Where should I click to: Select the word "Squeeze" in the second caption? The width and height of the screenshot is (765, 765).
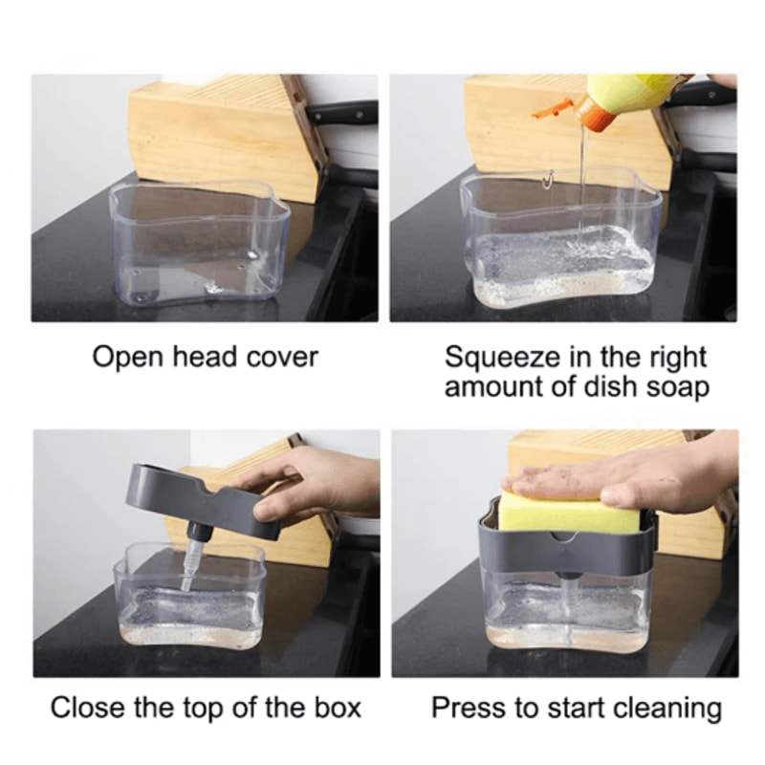(x=503, y=357)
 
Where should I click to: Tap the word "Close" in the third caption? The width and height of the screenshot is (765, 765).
(x=87, y=708)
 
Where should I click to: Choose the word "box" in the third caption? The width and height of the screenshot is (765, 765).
(x=338, y=708)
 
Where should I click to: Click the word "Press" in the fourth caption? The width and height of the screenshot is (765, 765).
(x=469, y=709)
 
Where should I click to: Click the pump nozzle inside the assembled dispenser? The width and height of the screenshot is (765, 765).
(x=569, y=601)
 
